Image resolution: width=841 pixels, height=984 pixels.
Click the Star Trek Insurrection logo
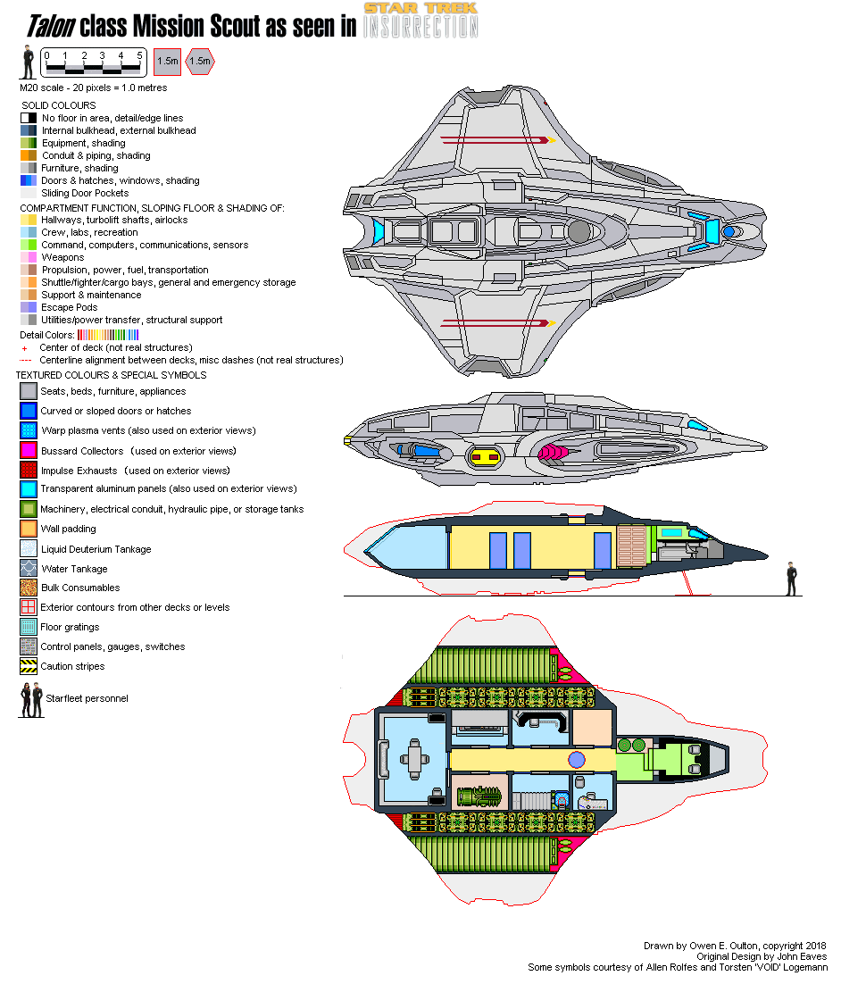pyautogui.click(x=420, y=20)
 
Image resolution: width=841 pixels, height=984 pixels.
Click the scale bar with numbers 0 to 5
pyautogui.click(x=93, y=62)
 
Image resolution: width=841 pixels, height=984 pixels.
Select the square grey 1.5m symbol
pyautogui.click(x=167, y=61)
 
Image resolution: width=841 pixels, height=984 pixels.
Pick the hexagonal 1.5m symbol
pyautogui.click(x=202, y=61)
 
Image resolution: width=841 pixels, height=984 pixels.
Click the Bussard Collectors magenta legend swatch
pyautogui.click(x=28, y=451)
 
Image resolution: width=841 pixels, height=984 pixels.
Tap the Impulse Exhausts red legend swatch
pyautogui.click(x=28, y=470)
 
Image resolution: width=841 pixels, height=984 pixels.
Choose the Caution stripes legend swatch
pyautogui.click(x=28, y=666)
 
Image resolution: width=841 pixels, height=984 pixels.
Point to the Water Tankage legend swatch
pyautogui.click(x=28, y=568)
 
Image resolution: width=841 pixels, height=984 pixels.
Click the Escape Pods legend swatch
pyautogui.click(x=28, y=307)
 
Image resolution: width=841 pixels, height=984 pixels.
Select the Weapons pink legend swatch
pyautogui.click(x=28, y=257)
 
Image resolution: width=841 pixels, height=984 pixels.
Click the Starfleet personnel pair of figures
pyautogui.click(x=31, y=700)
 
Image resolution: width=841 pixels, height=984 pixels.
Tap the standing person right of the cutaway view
pyautogui.click(x=790, y=578)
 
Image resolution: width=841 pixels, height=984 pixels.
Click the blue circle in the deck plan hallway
pyautogui.click(x=577, y=760)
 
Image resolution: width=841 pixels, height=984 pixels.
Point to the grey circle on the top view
pyautogui.click(x=579, y=232)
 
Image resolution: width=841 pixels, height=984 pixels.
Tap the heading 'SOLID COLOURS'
pyautogui.click(x=59, y=105)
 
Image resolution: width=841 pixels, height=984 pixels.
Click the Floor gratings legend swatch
pyautogui.click(x=28, y=627)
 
